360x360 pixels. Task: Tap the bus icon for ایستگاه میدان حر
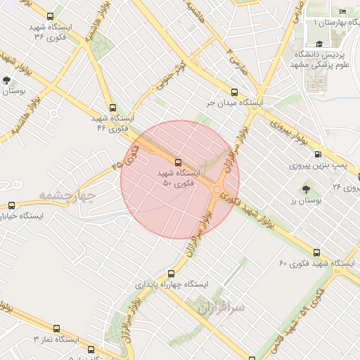(x=234, y=92)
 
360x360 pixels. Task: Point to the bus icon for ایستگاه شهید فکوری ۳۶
(x=49, y=16)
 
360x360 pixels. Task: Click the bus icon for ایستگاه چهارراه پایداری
(x=171, y=274)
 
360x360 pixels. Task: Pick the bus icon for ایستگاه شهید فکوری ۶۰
(x=316, y=252)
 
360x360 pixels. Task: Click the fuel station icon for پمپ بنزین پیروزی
(x=318, y=155)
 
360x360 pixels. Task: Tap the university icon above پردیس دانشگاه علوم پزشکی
(x=319, y=43)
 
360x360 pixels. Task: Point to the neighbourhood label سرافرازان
(x=219, y=307)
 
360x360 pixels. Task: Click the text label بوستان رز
(x=304, y=200)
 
